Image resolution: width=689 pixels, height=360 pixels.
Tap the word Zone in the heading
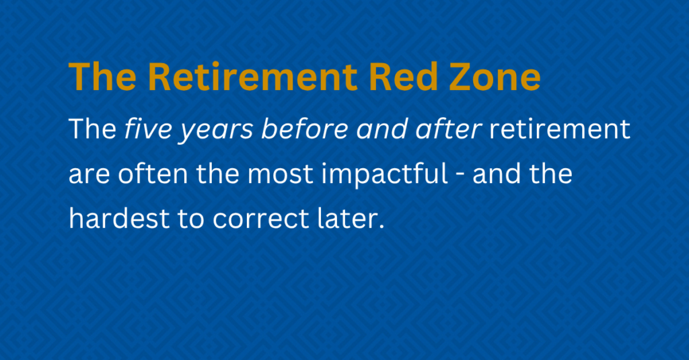click(x=495, y=77)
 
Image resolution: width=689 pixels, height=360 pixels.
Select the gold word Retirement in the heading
click(x=253, y=77)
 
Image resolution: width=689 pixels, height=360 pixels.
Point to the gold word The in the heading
click(x=102, y=77)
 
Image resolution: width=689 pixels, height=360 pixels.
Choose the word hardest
click(x=119, y=218)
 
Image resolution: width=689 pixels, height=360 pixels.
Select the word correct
click(x=261, y=219)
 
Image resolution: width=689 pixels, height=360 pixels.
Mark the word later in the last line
click(x=351, y=218)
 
